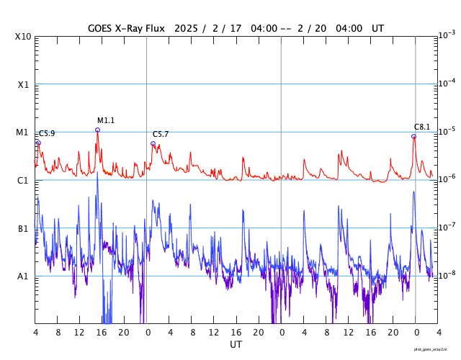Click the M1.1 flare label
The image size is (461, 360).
click(x=106, y=120)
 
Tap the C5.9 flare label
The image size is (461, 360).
click(x=47, y=133)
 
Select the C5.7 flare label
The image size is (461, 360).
click(x=161, y=134)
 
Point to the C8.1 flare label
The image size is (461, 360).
click(x=422, y=127)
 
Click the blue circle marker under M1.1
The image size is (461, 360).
click(x=97, y=130)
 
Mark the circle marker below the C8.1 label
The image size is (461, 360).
click(x=413, y=136)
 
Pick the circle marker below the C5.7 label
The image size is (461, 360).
click(x=153, y=143)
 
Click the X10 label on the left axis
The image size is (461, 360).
click(x=22, y=37)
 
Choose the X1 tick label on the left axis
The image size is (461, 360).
click(x=23, y=84)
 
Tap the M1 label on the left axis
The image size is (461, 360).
click(x=22, y=132)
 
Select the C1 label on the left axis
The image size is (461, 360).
click(x=23, y=180)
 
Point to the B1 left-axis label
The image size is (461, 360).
click(x=23, y=228)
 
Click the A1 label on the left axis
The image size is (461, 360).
click(x=23, y=276)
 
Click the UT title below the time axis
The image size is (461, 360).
click(x=236, y=344)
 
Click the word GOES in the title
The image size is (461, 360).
click(x=102, y=28)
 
